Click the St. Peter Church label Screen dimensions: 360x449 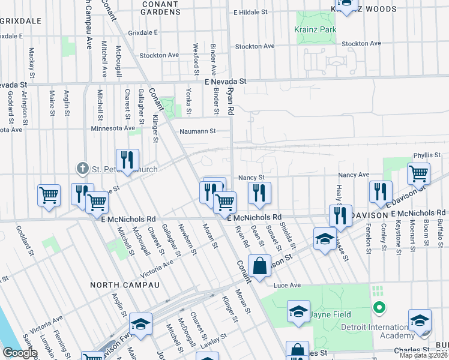(124, 169)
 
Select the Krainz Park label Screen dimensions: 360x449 (315, 29)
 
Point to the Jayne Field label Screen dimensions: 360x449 (331, 314)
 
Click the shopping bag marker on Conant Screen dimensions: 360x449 (259, 267)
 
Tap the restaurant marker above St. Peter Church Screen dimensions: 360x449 (127, 161)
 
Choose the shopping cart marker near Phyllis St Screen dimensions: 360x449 (418, 175)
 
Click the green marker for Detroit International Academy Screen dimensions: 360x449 (379, 309)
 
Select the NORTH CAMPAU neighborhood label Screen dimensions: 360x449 (125, 285)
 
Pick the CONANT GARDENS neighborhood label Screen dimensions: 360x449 (160, 8)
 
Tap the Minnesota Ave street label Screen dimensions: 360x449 (113, 128)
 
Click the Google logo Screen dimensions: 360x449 (20, 353)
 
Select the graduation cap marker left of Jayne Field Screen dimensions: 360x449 (298, 312)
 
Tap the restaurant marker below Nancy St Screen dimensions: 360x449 (259, 193)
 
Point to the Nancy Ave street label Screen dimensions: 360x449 (355, 175)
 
